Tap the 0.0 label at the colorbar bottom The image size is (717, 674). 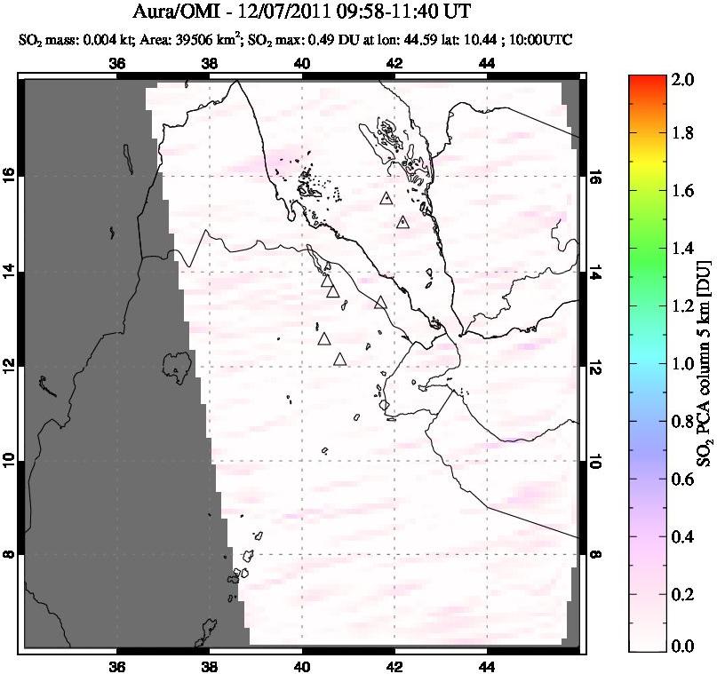point(682,646)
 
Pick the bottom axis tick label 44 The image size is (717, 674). point(487,667)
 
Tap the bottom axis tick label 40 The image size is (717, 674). point(302,667)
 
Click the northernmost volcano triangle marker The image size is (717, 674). point(385,198)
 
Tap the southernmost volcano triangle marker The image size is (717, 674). point(339,359)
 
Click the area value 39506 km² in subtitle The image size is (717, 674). point(195,40)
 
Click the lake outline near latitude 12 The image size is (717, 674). point(178,364)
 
